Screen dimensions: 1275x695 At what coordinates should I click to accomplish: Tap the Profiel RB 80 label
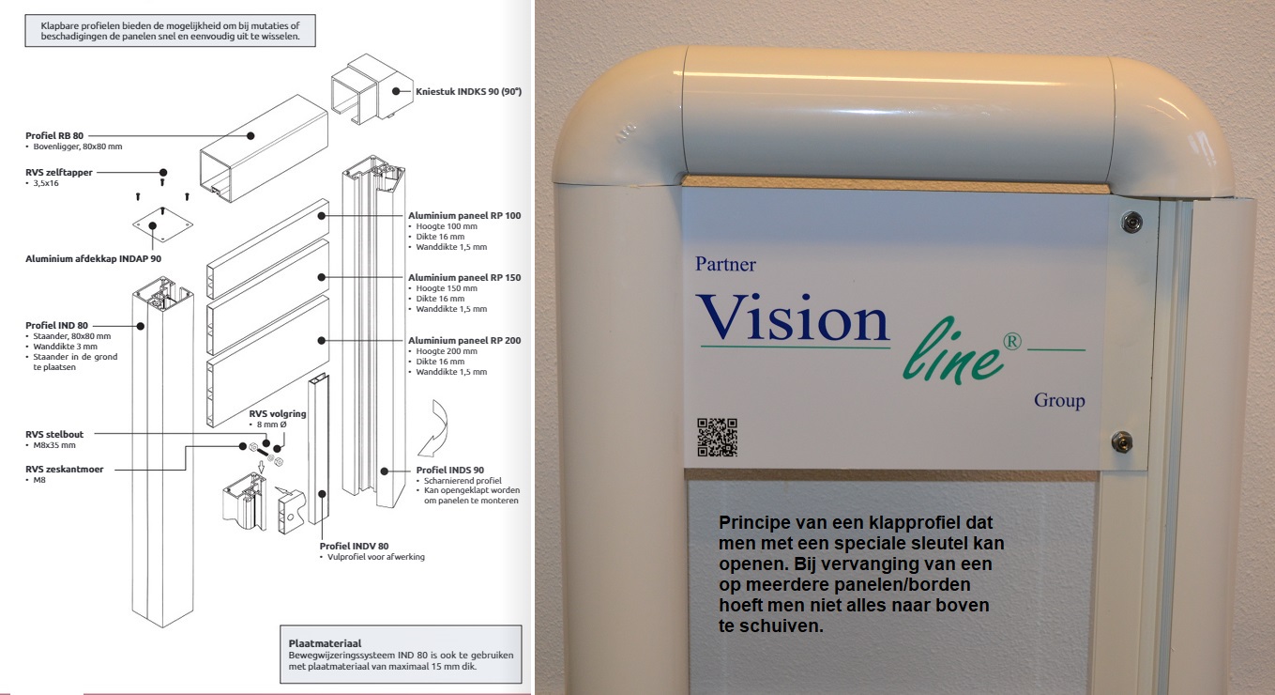tap(54, 135)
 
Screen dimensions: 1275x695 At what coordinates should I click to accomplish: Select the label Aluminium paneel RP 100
tap(463, 215)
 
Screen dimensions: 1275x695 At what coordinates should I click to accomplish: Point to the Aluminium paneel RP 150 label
tap(463, 277)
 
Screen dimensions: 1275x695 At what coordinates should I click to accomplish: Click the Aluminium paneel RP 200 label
tap(463, 340)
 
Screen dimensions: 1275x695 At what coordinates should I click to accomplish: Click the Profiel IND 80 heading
tap(56, 325)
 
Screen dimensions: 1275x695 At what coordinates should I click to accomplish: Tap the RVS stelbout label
tap(54, 434)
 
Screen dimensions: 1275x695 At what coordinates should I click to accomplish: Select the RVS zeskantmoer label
tap(65, 470)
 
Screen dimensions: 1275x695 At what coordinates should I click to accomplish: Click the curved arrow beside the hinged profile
tap(435, 428)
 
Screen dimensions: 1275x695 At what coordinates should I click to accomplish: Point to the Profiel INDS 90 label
tap(449, 470)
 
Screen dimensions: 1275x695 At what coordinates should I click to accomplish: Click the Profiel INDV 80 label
tap(354, 546)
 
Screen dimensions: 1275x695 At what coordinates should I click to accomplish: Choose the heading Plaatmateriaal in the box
tap(325, 643)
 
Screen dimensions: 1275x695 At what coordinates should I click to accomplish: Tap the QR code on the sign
tap(717, 438)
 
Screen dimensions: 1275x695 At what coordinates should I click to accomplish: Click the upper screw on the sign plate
tap(1131, 221)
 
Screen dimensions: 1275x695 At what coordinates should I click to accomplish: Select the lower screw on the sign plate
tap(1122, 441)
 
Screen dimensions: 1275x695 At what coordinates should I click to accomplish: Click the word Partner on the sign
tap(725, 264)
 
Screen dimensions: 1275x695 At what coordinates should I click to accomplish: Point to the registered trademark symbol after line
tap(1012, 341)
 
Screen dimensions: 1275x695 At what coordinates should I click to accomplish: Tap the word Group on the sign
tap(1059, 400)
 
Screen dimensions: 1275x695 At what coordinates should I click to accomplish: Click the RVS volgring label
tap(277, 413)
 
